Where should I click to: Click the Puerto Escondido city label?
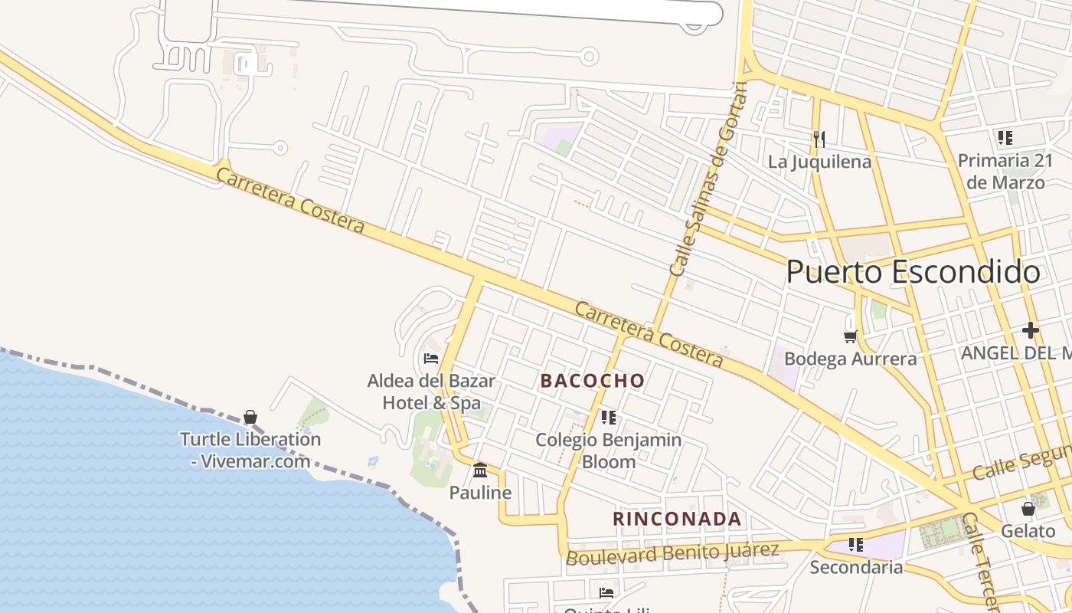pyautogui.click(x=913, y=272)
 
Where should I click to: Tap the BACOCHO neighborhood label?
pyautogui.click(x=593, y=380)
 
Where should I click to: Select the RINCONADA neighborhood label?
pyautogui.click(x=677, y=519)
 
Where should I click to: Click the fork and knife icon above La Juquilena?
pyautogui.click(x=819, y=139)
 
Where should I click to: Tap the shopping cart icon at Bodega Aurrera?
pyautogui.click(x=850, y=336)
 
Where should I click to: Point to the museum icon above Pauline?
pyautogui.click(x=480, y=470)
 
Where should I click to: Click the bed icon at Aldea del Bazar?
pyautogui.click(x=431, y=358)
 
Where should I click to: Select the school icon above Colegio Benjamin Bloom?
pyautogui.click(x=609, y=418)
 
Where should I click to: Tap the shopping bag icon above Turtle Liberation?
pyautogui.click(x=250, y=417)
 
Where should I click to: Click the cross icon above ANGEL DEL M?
pyautogui.click(x=1030, y=331)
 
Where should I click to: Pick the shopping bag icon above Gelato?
pyautogui.click(x=1028, y=509)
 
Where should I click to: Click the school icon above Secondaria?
pyautogui.click(x=856, y=545)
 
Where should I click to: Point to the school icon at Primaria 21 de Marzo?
pyautogui.click(x=1005, y=138)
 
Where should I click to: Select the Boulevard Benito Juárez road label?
pyautogui.click(x=672, y=553)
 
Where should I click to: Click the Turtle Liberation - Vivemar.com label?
pyautogui.click(x=250, y=451)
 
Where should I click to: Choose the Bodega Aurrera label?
pyautogui.click(x=850, y=359)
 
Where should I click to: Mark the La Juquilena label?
pyautogui.click(x=819, y=162)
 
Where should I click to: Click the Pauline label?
pyautogui.click(x=480, y=493)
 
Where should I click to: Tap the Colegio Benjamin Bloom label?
pyautogui.click(x=609, y=451)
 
